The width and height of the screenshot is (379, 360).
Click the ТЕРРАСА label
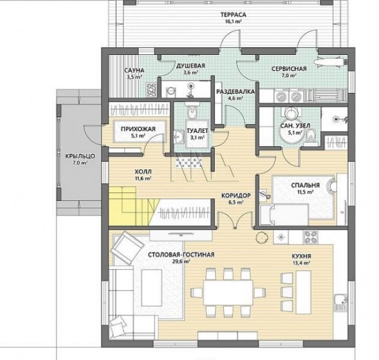coord(233,15)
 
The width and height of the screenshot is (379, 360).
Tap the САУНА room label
coord(134,70)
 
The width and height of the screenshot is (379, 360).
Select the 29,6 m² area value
coord(181,261)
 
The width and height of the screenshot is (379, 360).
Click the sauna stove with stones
coord(152,90)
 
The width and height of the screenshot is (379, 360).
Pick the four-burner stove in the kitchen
coord(311,237)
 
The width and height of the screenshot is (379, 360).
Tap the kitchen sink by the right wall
coord(341,303)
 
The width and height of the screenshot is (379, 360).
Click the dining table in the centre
coord(228,293)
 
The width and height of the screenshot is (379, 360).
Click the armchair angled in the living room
coord(127,247)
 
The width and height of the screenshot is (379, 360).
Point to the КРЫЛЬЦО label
coord(80,156)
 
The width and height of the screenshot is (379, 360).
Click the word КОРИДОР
coord(236,195)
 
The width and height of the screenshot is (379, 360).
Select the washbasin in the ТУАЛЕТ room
coord(179,137)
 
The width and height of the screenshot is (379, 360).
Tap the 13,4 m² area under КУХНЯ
coord(301,263)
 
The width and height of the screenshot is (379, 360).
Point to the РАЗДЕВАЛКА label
coord(235,92)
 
